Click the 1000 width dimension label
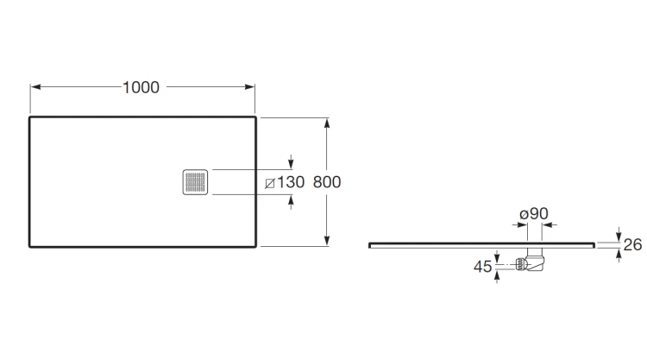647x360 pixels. pos(141,87)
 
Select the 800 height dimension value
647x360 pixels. pos(327,182)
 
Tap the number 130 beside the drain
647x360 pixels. pos(291,182)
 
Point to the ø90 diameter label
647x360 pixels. pos(534,214)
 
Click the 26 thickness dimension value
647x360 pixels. pos(632,245)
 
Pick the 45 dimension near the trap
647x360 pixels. pos(482,267)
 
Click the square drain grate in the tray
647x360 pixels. pos(195,182)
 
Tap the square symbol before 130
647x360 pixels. pos(270,183)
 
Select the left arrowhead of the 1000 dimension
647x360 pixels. pos(35,86)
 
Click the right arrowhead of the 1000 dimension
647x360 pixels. pos(249,86)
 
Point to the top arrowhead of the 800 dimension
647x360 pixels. pos(327,123)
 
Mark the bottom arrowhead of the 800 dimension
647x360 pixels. pos(327,241)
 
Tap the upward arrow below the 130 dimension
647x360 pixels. pos(291,202)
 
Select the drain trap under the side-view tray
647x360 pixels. pos(531,259)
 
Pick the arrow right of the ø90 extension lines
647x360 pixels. pos(550,225)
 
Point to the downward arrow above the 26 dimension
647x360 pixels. pos(619,234)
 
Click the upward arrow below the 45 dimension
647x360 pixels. pos(497,276)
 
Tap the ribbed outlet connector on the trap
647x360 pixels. pos(521,264)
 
